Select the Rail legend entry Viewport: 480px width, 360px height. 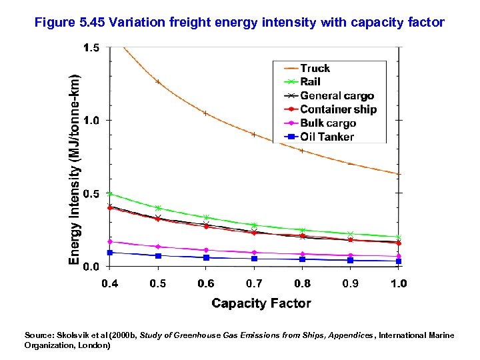point(310,81)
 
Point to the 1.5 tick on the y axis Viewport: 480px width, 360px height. point(91,48)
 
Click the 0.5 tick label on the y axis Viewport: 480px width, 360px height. point(91,193)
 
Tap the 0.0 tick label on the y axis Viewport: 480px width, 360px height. point(91,266)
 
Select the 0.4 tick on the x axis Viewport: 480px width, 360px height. point(110,283)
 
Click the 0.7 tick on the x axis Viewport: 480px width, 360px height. point(254,283)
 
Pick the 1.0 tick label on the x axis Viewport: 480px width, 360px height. point(398,283)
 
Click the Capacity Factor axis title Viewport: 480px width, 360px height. point(261,303)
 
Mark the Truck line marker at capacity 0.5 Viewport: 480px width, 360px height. point(158,81)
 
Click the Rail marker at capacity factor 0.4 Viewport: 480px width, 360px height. point(110,194)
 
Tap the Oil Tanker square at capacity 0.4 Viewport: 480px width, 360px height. point(110,253)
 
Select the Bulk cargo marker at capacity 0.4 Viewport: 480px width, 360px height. point(110,242)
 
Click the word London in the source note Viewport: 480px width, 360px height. point(93,346)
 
